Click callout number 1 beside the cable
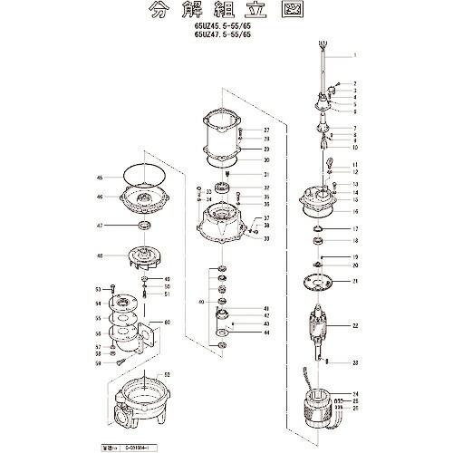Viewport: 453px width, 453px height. pos(355,55)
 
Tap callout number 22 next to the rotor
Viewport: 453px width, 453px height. pos(355,324)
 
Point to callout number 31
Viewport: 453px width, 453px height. pos(266,174)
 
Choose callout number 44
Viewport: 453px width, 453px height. pos(266,333)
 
